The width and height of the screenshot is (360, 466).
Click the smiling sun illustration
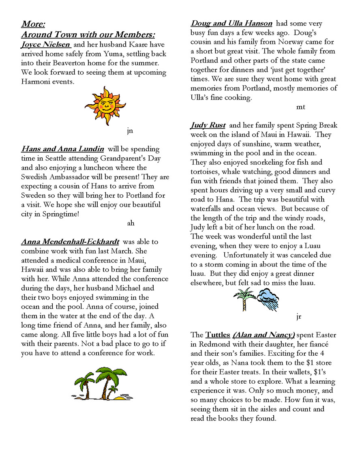tap(105, 105)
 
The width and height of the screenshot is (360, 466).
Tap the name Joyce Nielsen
tap(46, 45)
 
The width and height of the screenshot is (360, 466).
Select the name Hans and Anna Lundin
tap(63, 149)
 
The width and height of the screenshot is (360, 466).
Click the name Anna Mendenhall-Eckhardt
tap(70, 242)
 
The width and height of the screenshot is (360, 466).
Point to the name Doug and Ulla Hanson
tap(231, 24)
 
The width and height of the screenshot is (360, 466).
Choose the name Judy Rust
tap(208, 125)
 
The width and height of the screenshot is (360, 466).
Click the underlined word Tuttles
tap(218, 335)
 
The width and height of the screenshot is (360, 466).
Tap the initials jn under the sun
tap(130, 131)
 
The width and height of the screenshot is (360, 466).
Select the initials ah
tap(131, 223)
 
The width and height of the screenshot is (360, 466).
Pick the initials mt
tap(300, 107)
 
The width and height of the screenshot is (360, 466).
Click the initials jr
tap(298, 316)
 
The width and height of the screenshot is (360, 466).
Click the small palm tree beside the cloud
tap(244, 299)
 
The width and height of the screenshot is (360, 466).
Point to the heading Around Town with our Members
tap(88, 34)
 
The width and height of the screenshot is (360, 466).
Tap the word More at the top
tap(33, 24)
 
